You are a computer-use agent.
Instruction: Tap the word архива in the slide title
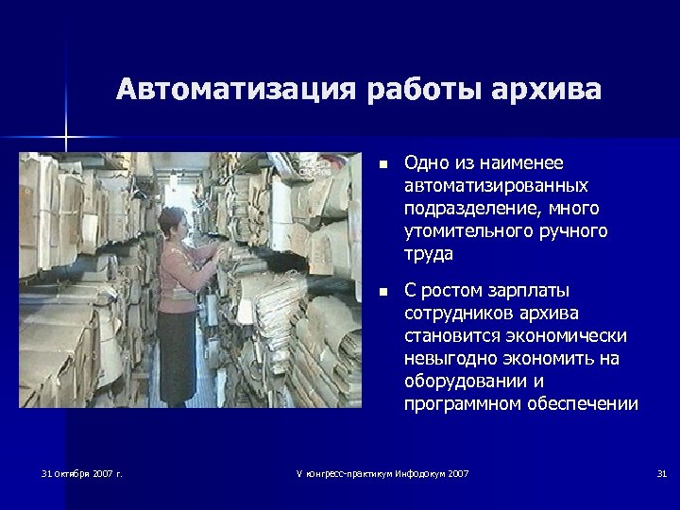coord(548,91)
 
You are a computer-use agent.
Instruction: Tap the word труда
coord(427,253)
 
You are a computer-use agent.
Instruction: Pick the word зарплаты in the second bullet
coord(527,290)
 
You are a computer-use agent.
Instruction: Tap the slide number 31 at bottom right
coord(661,472)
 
